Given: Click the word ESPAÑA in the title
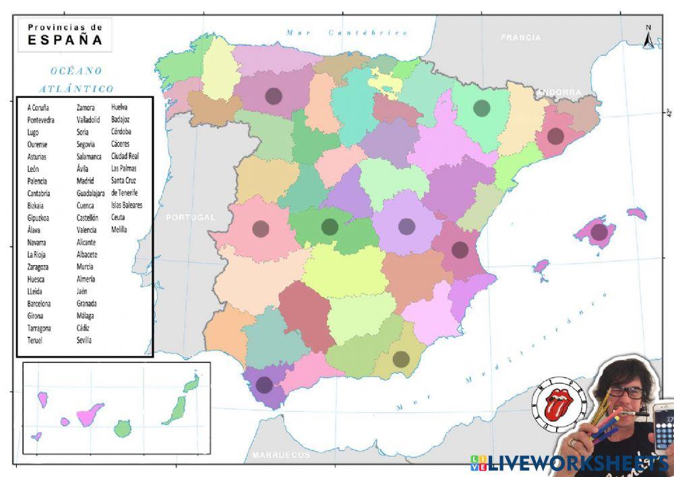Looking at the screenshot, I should pyautogui.click(x=65, y=40).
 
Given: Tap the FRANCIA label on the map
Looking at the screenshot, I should pyautogui.click(x=521, y=38).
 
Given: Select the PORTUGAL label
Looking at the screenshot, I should pyautogui.click(x=191, y=217).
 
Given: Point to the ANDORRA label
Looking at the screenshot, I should pyautogui.click(x=559, y=92).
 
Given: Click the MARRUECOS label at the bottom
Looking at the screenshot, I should pyautogui.click(x=281, y=455).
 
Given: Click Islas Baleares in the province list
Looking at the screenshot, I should pyautogui.click(x=127, y=205).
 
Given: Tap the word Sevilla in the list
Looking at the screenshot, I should pyautogui.click(x=85, y=340).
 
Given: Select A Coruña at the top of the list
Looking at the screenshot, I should pyautogui.click(x=39, y=107).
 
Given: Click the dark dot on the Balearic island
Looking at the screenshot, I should pyautogui.click(x=599, y=232).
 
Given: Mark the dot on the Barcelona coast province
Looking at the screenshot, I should pyautogui.click(x=555, y=136).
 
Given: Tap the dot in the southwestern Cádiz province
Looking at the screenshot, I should pyautogui.click(x=264, y=385).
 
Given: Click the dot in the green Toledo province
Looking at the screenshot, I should pyautogui.click(x=329, y=227).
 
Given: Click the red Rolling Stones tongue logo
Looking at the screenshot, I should pyautogui.click(x=555, y=404).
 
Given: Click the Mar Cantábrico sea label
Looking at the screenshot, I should pyautogui.click(x=347, y=32).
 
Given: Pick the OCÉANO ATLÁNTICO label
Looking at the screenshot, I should pyautogui.click(x=75, y=79).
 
